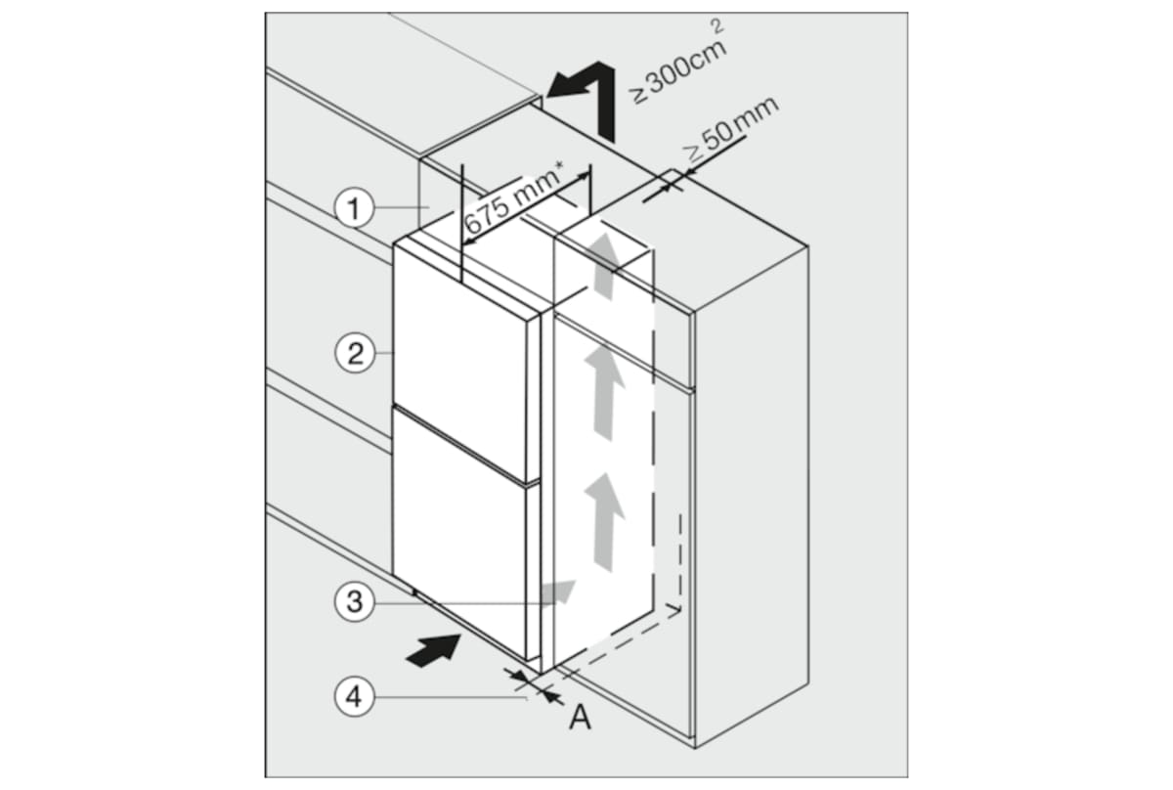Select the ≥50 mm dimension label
[727, 127]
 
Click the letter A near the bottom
[581, 719]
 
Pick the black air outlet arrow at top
[585, 93]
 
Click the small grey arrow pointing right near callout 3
[558, 590]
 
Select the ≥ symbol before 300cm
[638, 95]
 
